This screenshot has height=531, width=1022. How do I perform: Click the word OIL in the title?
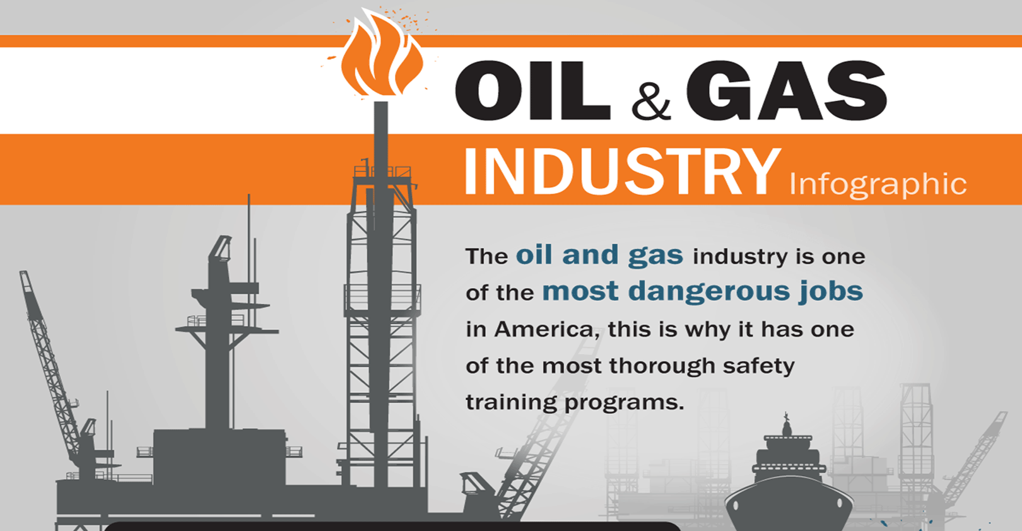[x=532, y=91]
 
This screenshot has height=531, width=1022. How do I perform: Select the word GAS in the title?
[x=786, y=91]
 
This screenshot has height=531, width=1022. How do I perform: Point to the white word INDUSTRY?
[x=621, y=172]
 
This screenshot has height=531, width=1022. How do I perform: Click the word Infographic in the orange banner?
[x=878, y=184]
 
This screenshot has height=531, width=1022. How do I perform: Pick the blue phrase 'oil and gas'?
[x=599, y=255]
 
